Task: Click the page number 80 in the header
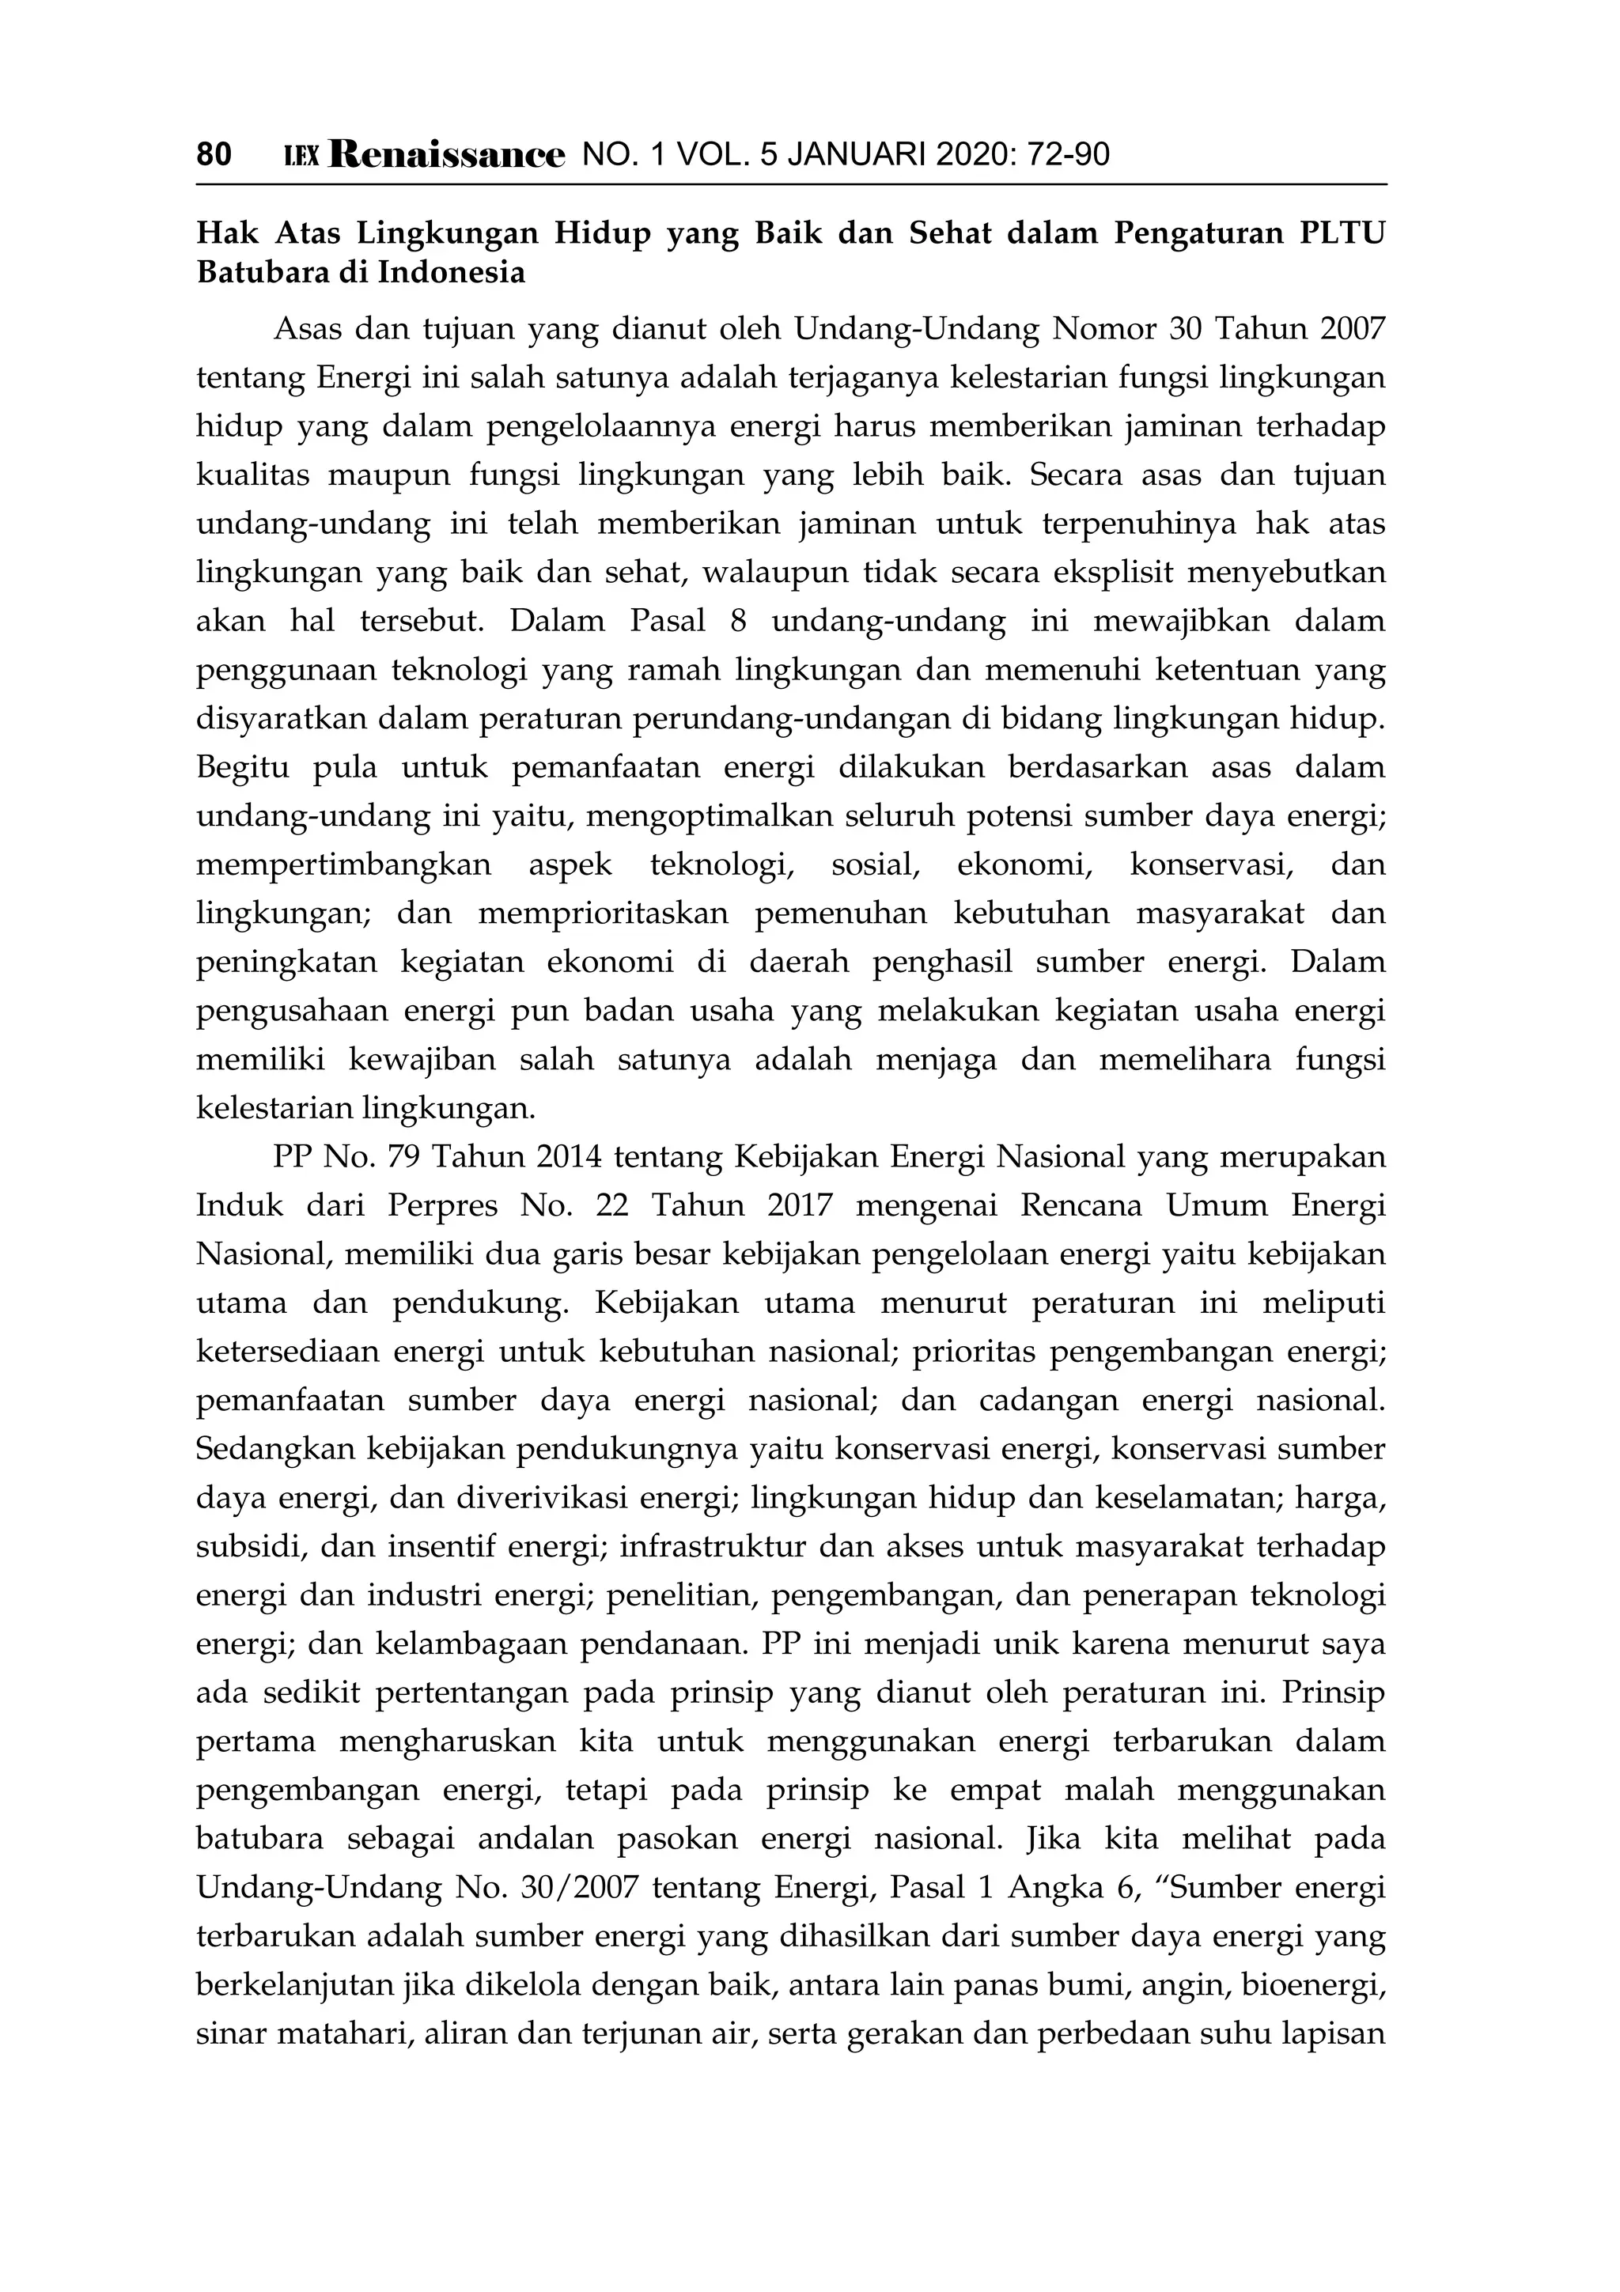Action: pyautogui.click(x=214, y=155)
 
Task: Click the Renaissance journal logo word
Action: pyautogui.click(x=446, y=155)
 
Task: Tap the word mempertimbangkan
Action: pyautogui.click(x=343, y=864)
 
